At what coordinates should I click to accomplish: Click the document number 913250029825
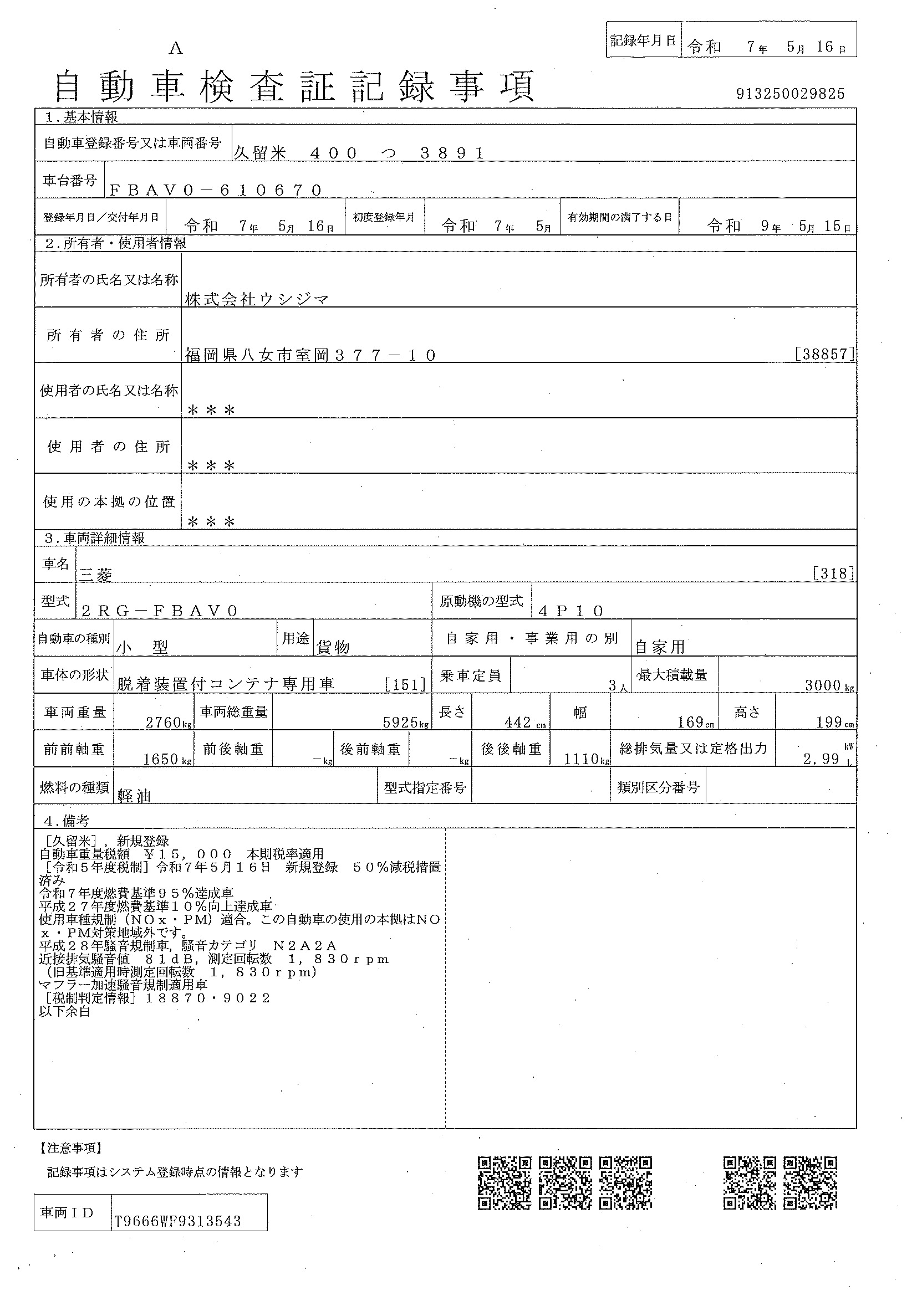tap(790, 94)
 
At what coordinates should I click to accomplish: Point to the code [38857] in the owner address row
tap(824, 354)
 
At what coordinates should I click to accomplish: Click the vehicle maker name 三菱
tap(95, 574)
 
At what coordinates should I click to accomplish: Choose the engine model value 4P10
tap(571, 611)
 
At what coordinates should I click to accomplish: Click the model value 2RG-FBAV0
tap(160, 611)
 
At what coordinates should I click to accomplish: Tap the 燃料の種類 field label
tap(74, 787)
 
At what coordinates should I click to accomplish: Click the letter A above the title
tap(176, 49)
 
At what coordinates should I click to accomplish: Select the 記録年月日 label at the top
tap(643, 40)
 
